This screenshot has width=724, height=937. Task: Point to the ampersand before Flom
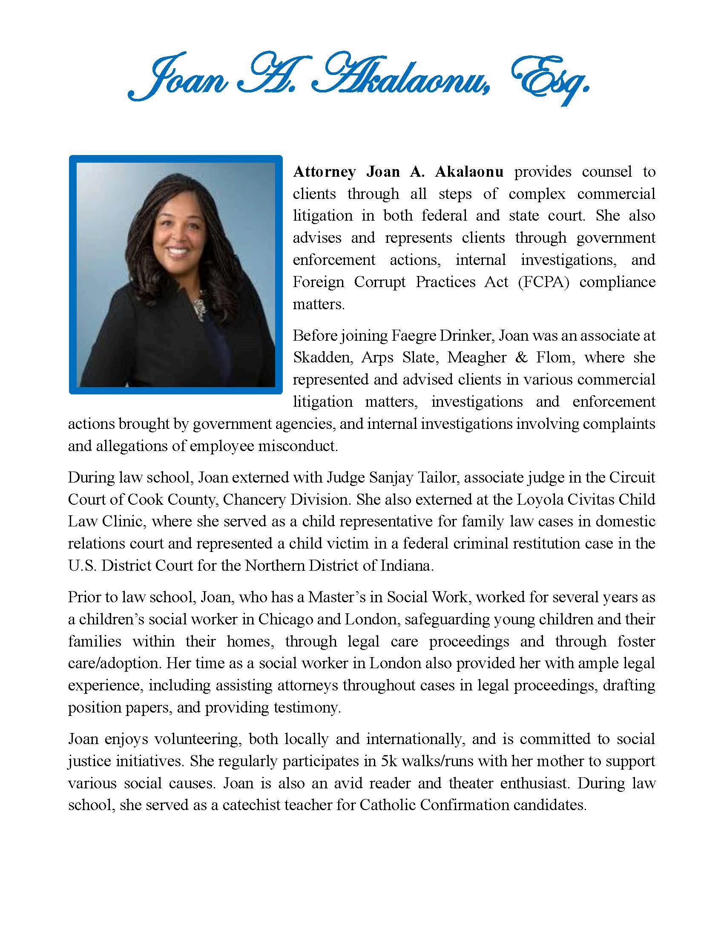pos(521,357)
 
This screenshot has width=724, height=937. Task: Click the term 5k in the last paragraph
pos(389,761)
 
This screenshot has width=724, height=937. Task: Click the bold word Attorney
pos(324,172)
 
